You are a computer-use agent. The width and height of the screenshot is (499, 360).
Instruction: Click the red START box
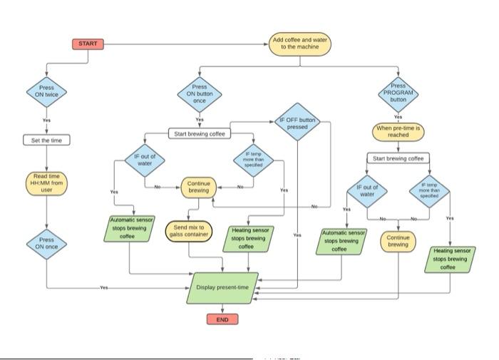(x=88, y=44)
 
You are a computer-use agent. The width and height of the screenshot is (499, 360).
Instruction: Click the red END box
(x=222, y=319)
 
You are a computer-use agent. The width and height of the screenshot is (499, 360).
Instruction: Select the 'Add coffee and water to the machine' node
(x=299, y=44)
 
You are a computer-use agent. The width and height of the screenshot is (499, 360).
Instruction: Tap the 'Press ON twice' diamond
(x=46, y=93)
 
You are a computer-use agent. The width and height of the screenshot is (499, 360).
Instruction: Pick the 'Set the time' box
(x=46, y=140)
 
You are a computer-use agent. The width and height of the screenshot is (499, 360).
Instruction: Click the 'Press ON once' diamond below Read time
(x=46, y=244)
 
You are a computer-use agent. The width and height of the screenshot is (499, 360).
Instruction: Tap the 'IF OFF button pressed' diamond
(x=297, y=124)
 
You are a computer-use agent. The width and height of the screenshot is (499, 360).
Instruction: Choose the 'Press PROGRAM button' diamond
(x=398, y=93)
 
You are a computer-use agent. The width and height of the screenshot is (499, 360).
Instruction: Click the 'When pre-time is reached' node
(x=398, y=130)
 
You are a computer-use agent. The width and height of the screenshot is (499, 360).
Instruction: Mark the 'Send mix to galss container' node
(x=189, y=232)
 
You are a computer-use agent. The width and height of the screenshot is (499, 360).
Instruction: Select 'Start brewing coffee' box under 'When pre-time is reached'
(x=398, y=158)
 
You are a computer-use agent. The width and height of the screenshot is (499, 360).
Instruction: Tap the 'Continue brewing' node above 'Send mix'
(x=198, y=187)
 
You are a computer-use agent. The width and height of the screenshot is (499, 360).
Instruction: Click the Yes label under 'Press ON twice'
(x=46, y=120)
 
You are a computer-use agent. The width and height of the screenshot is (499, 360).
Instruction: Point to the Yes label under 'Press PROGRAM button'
(x=398, y=117)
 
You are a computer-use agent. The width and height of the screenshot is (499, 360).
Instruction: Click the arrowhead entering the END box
(x=222, y=312)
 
